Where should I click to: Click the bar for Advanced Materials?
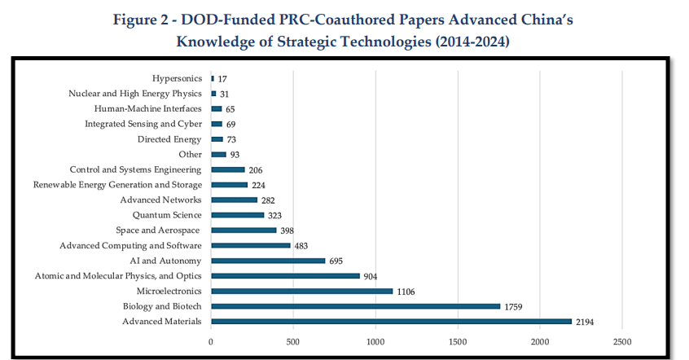[x=391, y=322]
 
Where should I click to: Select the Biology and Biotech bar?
[x=355, y=306]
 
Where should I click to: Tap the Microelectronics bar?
[x=301, y=291]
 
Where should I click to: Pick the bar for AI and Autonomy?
[x=268, y=261]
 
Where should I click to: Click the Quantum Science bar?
[x=237, y=215]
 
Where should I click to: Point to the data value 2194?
[x=585, y=322]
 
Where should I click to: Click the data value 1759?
[x=514, y=306]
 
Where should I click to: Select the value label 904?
[x=370, y=276]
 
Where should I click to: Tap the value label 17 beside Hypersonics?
[x=222, y=79]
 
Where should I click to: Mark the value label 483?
[x=301, y=245]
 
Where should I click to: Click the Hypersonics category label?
[x=177, y=79]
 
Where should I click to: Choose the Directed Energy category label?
[x=169, y=139]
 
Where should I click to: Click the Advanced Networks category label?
[x=160, y=200]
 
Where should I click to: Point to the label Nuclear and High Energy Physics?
[x=135, y=94]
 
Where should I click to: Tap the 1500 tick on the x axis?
[x=458, y=341]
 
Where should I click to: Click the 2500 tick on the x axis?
[x=622, y=341]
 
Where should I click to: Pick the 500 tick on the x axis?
[x=293, y=341]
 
